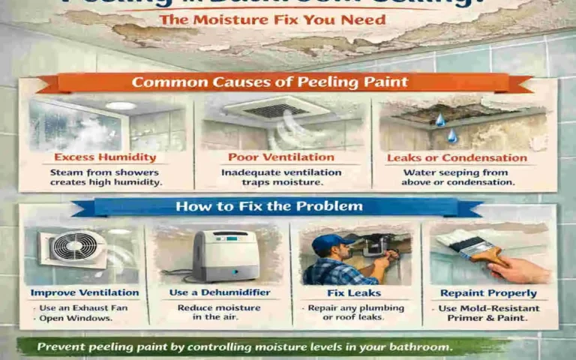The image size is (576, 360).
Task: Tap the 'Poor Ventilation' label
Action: tap(281, 157)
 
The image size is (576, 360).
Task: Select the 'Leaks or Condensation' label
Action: tap(457, 157)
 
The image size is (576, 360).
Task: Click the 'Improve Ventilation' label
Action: tap(85, 292)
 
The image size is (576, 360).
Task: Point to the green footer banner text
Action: tap(245, 346)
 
